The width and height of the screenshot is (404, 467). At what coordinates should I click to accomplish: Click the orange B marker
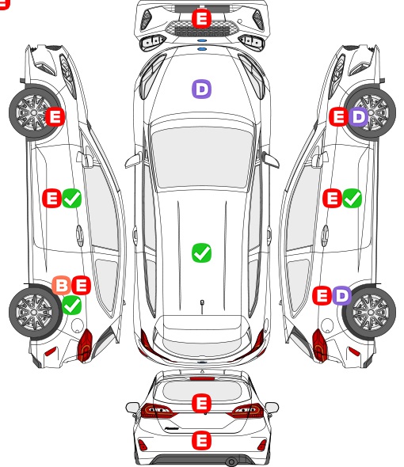pos(62,285)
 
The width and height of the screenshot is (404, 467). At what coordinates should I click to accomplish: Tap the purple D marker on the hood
pos(201,89)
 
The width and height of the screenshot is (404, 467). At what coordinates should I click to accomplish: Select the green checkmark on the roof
pos(201,252)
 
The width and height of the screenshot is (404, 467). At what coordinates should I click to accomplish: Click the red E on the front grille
pos(201,18)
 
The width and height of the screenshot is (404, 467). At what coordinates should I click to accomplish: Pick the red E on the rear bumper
pos(201,440)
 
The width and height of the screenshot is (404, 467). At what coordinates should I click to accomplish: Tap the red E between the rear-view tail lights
pos(201,403)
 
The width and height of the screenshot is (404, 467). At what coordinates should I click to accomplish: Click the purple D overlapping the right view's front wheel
pos(358,117)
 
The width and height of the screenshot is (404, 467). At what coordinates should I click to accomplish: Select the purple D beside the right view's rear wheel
pos(341,295)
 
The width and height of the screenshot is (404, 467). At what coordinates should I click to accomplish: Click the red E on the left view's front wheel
pos(55,116)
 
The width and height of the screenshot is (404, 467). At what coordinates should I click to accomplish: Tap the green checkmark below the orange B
pos(71,305)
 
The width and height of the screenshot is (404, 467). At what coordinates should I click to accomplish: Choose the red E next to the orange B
pos(81,285)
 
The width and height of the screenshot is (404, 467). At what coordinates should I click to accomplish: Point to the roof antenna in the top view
pos(202,307)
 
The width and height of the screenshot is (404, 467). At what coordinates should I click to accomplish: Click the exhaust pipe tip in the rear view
pos(231,462)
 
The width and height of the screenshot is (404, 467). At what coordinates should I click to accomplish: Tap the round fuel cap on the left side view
pos(77,325)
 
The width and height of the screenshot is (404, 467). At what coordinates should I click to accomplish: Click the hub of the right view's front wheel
pos(371,112)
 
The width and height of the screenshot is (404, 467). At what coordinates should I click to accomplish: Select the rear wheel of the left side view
pos(35,312)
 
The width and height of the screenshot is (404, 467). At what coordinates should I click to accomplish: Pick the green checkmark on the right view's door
pos(353,198)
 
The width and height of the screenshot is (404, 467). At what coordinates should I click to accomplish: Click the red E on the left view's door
pos(51,198)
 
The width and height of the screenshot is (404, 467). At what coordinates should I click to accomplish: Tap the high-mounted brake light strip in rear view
pos(202,378)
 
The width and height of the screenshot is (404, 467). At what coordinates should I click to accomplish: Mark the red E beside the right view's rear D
pos(322,295)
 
